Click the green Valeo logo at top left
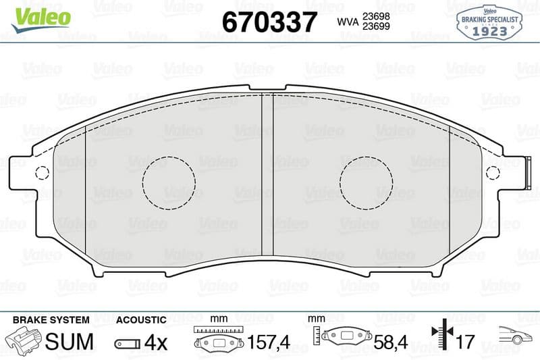pyautogui.click(x=41, y=20)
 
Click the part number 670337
pyautogui.click(x=269, y=22)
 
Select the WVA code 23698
pyautogui.click(x=376, y=16)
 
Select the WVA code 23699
pyautogui.click(x=376, y=26)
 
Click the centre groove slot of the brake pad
pyautogui.click(x=267, y=175)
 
